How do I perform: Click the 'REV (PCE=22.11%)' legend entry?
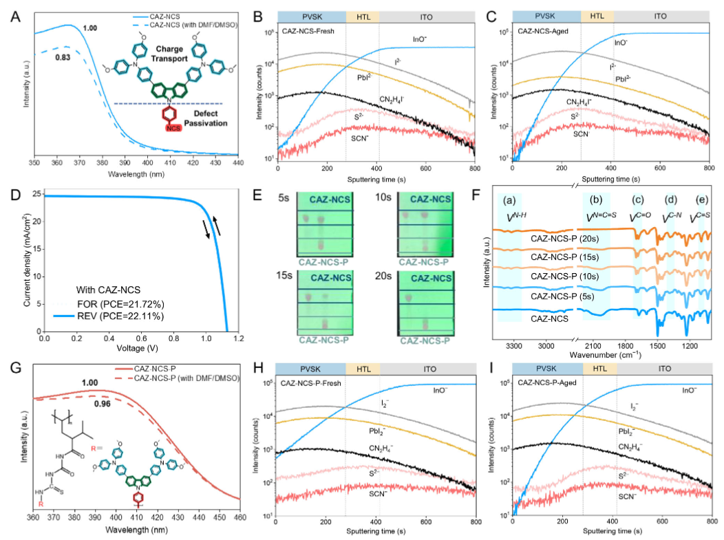pos(116,315)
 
